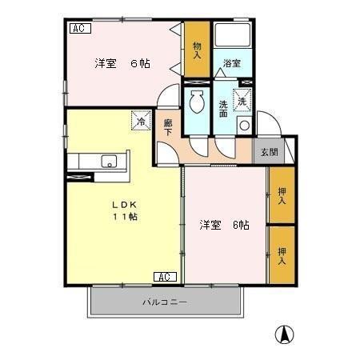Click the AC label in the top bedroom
(80, 29)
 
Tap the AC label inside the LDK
(163, 277)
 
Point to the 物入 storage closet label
(197, 50)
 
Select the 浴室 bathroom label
(232, 63)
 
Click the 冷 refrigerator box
(141, 122)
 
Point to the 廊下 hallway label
(168, 128)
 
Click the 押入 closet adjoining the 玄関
(282, 195)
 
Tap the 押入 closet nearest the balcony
(282, 255)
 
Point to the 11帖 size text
(122, 217)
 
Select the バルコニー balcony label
(164, 302)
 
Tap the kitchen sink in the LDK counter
(107, 163)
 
